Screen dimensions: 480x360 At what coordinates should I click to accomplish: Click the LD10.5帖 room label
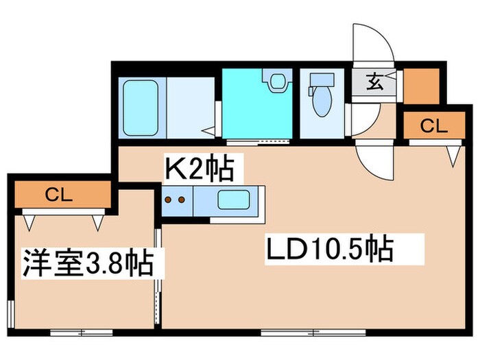pos(330,248)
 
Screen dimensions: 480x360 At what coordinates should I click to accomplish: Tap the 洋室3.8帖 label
pos(88,263)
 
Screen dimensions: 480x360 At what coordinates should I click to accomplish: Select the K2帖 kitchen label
pos(200,169)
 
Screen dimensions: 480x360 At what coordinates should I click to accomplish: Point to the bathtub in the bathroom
pos(141,108)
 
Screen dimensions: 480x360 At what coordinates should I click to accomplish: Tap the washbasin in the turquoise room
pos(278,81)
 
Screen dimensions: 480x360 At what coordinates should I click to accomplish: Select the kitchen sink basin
pos(234,200)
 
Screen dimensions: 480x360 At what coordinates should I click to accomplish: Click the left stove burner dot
pos(168,200)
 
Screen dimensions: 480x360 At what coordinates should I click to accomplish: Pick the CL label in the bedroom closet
pos(59,194)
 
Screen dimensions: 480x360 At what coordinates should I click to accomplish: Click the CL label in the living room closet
pos(434,125)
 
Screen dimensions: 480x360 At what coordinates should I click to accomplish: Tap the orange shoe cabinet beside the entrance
pos(422,86)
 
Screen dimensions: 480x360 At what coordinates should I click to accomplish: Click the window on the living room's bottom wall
pos(313,333)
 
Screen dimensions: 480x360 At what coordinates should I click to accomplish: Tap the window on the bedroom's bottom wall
pos(82,333)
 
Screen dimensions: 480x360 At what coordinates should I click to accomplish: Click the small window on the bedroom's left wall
pos(11,314)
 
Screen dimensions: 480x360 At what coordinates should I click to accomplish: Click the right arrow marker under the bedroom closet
pos(98,223)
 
